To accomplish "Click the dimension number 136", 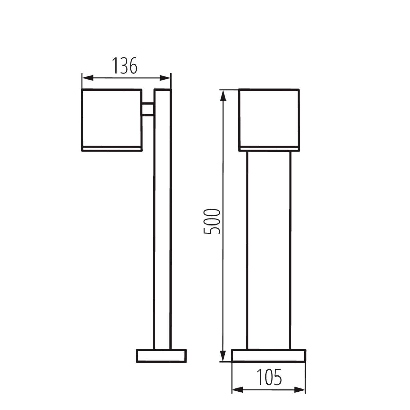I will click(125, 66).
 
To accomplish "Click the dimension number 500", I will click(212, 221).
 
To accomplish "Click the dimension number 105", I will click(269, 377).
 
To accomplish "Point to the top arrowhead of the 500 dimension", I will click(223, 95).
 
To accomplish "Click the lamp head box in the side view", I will click(111, 118).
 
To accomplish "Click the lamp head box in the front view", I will click(269, 118).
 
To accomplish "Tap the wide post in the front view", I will click(269, 249).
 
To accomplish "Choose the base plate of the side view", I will click(161, 356).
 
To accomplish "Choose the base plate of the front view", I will click(269, 356).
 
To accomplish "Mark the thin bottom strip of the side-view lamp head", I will click(111, 148).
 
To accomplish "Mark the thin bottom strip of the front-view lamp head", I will click(269, 148).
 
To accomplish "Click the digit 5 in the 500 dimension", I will click(212, 229).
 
